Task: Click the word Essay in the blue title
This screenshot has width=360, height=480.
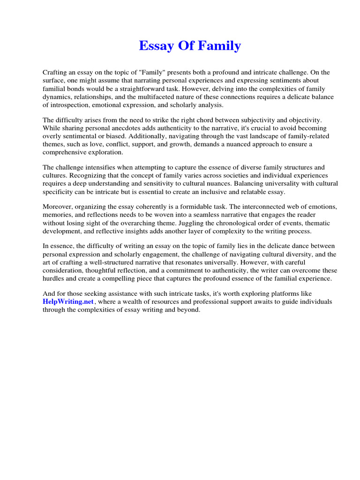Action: (154, 46)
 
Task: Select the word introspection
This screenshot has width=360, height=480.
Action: (71, 105)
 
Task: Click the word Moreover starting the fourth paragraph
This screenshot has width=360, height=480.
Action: (58, 207)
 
